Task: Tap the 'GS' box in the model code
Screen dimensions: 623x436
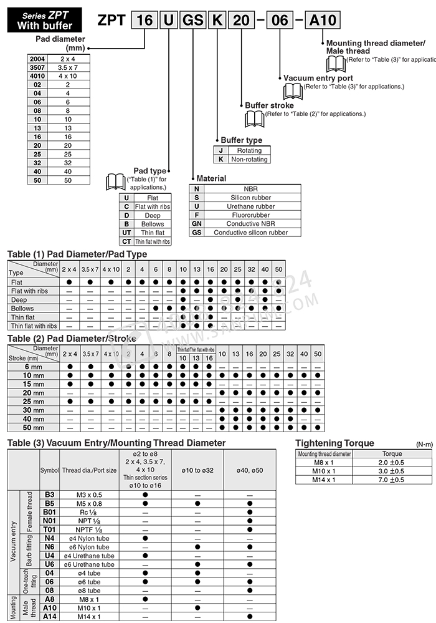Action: coord(191,20)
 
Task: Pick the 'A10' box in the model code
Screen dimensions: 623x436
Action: coord(322,20)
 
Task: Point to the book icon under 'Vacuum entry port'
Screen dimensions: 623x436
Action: coord(293,91)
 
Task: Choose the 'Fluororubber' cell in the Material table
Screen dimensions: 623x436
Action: coord(250,215)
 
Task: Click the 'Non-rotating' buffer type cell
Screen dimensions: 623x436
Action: coord(249,159)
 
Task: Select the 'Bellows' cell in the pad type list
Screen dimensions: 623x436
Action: coord(152,223)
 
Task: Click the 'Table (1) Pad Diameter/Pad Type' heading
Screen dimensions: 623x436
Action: coord(77,254)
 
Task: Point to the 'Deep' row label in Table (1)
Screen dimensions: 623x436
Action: coord(19,299)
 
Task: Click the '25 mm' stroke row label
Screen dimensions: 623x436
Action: coord(34,402)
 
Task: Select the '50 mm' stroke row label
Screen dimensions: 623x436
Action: coord(34,428)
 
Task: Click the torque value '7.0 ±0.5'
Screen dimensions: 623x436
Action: coord(391,480)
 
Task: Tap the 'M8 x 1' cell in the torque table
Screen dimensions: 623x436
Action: coord(324,462)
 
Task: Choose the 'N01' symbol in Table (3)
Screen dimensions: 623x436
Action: coord(50,521)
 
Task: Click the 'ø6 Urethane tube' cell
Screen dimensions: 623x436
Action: coord(88,564)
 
